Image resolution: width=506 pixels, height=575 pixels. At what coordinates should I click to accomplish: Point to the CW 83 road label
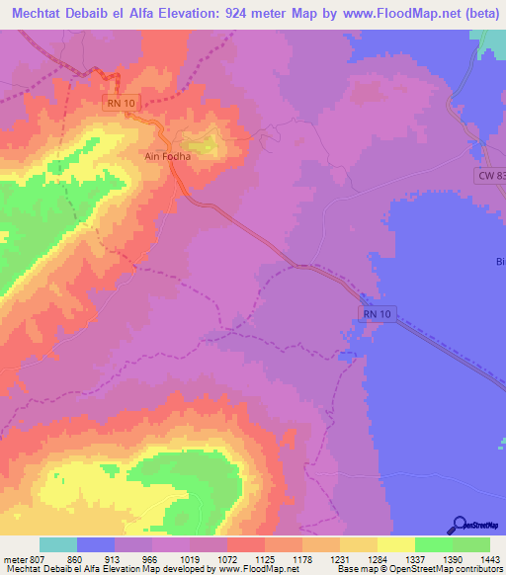coord(487,175)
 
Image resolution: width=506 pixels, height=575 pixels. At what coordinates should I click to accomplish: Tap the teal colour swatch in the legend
coord(58,544)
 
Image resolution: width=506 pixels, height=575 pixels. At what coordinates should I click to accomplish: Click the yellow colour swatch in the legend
coord(396,544)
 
